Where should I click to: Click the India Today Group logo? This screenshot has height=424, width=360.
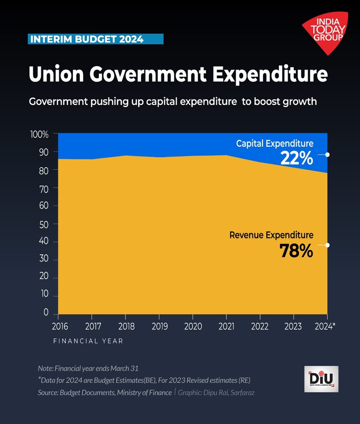[325, 32]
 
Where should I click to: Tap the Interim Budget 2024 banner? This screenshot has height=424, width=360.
[96, 39]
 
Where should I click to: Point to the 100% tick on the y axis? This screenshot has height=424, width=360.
[39, 135]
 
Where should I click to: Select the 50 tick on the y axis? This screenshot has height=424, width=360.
[44, 224]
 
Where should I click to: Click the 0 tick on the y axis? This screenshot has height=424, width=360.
[47, 313]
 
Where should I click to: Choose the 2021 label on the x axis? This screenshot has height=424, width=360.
[226, 327]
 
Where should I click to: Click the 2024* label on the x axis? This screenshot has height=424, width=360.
[325, 327]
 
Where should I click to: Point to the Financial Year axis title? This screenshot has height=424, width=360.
[88, 341]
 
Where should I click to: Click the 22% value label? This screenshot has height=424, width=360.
[297, 158]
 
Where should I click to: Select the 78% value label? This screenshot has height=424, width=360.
[296, 250]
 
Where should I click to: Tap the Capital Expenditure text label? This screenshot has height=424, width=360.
[275, 143]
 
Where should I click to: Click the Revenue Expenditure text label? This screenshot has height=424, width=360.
[271, 235]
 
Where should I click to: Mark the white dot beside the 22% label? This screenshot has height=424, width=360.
[327, 154]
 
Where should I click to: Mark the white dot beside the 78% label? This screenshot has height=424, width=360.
[327, 245]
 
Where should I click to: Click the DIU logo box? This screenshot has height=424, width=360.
[321, 379]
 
